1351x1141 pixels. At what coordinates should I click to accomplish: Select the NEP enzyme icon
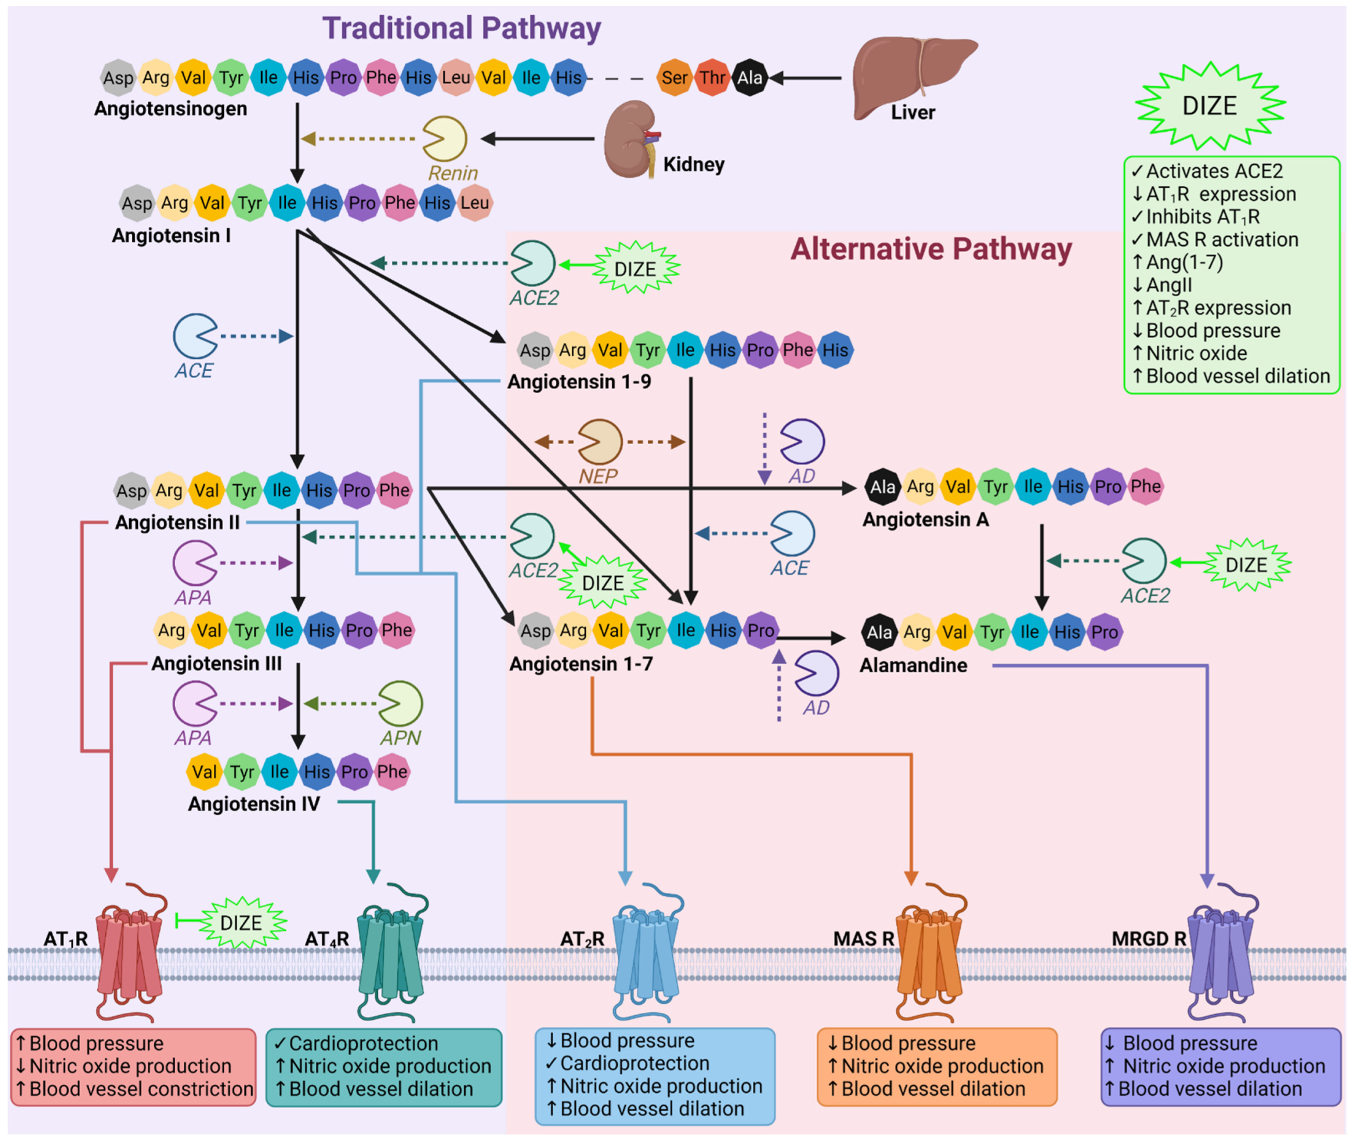pos(600,442)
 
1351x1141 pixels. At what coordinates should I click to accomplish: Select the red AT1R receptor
pos(129,951)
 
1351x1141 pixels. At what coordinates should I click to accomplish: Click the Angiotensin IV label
pos(254,804)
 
